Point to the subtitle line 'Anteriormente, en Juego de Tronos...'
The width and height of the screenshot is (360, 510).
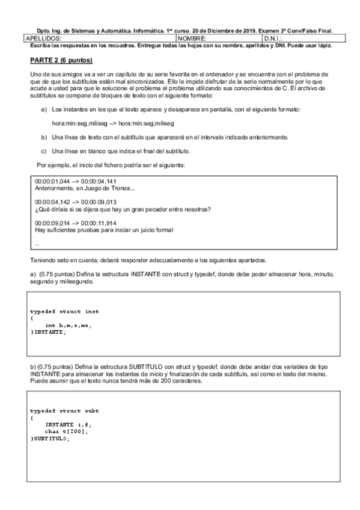pyautogui.click(x=84, y=188)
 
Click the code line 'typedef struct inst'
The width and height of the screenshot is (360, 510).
pyautogui.click(x=64, y=312)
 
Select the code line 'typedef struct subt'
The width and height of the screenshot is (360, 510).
pyautogui.click(x=64, y=411)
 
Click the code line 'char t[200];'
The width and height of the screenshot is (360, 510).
pyautogui.click(x=67, y=431)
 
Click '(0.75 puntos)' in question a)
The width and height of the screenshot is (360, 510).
pyautogui.click(x=57, y=274)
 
